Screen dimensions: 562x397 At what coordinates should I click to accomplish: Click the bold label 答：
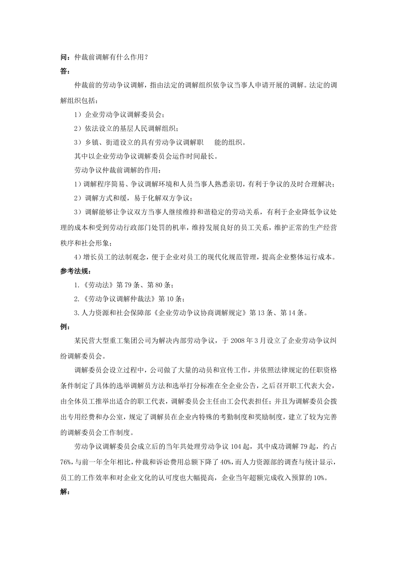pyautogui.click(x=65, y=71)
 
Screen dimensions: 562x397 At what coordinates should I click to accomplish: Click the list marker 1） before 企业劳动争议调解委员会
pyautogui.click(x=78, y=115)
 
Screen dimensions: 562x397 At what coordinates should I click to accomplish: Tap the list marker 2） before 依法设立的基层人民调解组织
pyautogui.click(x=78, y=128)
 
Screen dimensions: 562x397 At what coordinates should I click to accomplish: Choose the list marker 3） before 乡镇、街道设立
pyautogui.click(x=78, y=142)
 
